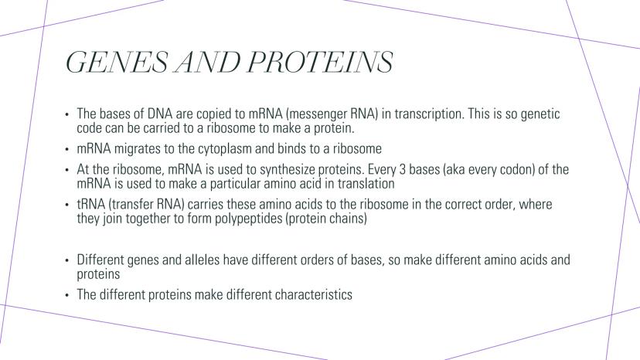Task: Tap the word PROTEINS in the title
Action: pos(319,62)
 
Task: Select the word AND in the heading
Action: pos(208,62)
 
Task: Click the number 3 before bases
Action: pos(402,169)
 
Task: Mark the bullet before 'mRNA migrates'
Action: pos(67,149)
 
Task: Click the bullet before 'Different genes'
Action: pos(67,260)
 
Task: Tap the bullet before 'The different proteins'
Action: pos(67,296)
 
